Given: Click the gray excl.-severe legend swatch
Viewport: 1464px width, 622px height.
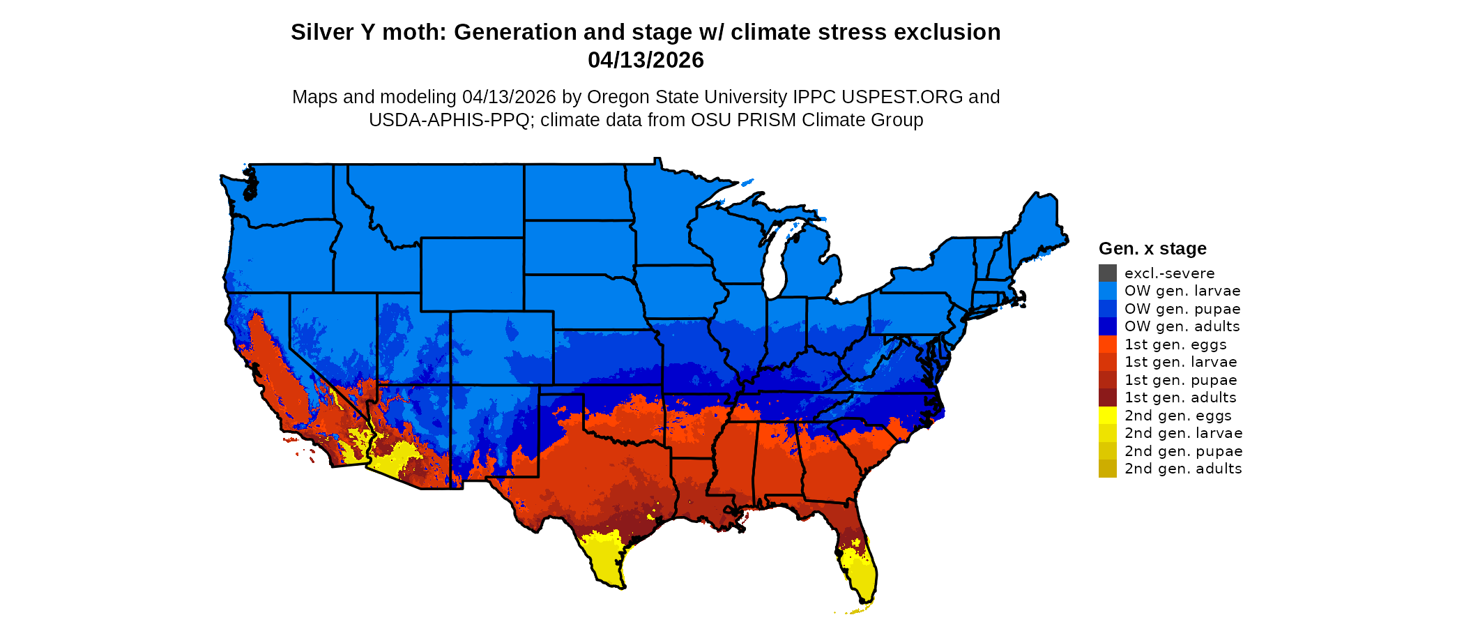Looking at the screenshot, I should (x=1107, y=273).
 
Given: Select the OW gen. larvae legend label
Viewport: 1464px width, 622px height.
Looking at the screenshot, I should (x=1182, y=291).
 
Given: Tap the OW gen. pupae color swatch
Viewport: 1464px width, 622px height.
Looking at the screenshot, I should (x=1107, y=308).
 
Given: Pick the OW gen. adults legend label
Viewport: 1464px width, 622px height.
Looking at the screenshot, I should (x=1182, y=326).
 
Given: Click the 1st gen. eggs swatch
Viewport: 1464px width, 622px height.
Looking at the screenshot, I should (x=1107, y=344).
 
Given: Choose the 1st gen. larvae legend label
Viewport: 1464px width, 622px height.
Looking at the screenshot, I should (x=1180, y=362).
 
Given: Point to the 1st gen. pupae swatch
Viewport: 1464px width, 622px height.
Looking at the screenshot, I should (x=1107, y=379).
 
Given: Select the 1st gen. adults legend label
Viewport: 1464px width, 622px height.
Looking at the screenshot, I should (x=1180, y=397).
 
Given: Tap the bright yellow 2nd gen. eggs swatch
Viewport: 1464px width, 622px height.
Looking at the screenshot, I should (x=1107, y=415).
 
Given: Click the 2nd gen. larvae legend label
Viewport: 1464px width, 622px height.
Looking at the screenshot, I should (x=1183, y=433).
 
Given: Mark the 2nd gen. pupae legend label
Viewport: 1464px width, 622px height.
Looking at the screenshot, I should (x=1183, y=451).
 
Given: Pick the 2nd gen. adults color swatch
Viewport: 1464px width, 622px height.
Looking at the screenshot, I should (x=1107, y=469).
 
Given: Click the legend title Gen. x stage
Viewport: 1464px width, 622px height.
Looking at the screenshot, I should (x=1152, y=248).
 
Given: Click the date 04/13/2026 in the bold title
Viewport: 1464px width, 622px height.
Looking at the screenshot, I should (x=646, y=60).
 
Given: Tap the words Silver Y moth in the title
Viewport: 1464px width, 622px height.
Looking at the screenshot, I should (x=367, y=32).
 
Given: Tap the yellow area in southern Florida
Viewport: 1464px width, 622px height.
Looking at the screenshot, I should (x=862, y=575).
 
